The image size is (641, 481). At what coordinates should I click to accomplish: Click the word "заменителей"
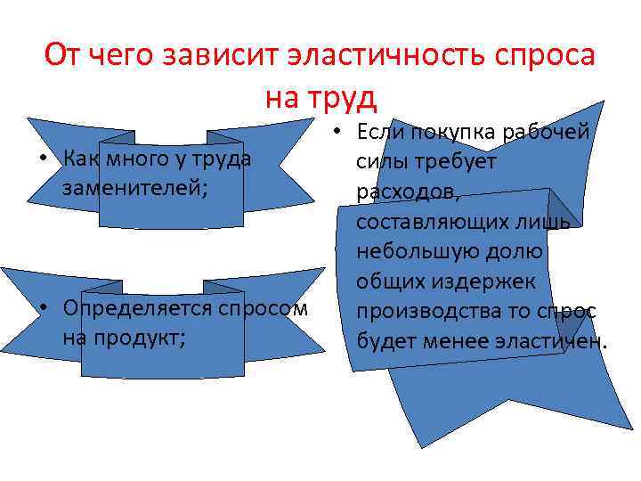click(x=134, y=187)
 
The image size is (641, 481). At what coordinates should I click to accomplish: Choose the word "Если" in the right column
click(x=378, y=132)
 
